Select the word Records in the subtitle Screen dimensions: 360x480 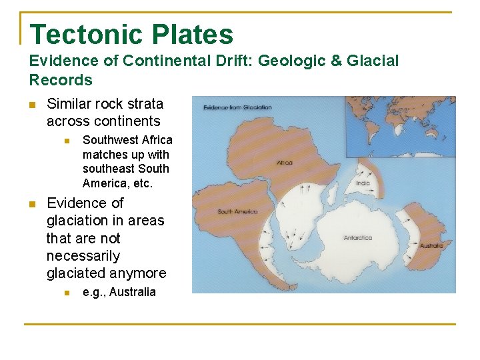pyautogui.click(x=61, y=80)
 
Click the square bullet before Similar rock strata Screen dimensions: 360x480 pyautogui.click(x=31, y=105)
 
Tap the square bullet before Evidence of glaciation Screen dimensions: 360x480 pyautogui.click(x=31, y=204)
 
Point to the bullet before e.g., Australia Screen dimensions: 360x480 pyautogui.click(x=67, y=293)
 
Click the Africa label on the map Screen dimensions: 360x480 pyautogui.click(x=285, y=162)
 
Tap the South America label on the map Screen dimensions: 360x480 pyautogui.click(x=237, y=212)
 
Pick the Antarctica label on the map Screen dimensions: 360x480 pyautogui.click(x=358, y=237)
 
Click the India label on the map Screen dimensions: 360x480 pyautogui.click(x=363, y=183)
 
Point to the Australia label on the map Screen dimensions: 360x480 pyautogui.click(x=431, y=245)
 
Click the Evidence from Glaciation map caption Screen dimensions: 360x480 pyautogui.click(x=237, y=107)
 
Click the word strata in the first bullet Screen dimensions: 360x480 pyautogui.click(x=145, y=104)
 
